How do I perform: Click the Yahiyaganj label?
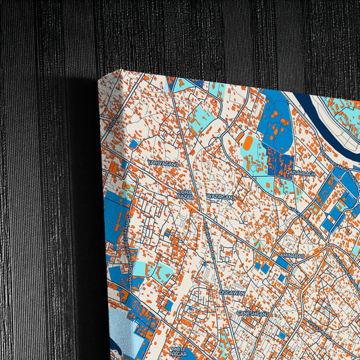(x=163, y=163)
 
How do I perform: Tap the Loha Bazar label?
(x=184, y=195)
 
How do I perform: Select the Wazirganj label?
(x=219, y=197)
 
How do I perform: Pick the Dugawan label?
(x=232, y=292)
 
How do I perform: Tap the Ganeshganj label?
(x=253, y=314)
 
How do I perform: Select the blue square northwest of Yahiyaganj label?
(x=133, y=144)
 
